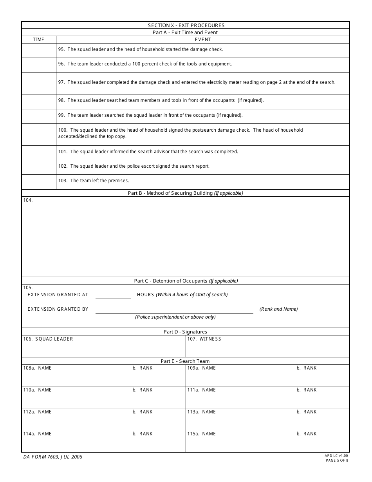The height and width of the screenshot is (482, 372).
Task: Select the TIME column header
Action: coord(39,40)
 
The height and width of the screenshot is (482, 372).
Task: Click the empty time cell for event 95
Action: coord(39,50)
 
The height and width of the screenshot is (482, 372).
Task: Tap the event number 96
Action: coord(61,64)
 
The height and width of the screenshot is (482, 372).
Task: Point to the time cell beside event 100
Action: coord(39,134)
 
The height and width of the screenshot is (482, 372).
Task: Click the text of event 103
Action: coord(99,181)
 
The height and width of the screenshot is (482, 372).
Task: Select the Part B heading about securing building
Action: coord(185,193)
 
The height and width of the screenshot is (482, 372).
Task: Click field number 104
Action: coord(28,200)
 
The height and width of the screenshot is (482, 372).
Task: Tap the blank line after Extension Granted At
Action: coord(113,295)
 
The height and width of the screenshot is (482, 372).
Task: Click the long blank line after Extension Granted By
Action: coord(174,310)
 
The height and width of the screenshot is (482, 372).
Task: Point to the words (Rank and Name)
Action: coord(278,309)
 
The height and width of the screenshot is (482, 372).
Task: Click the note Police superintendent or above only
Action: coord(175,317)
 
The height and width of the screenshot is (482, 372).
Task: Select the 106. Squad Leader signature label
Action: coord(48,339)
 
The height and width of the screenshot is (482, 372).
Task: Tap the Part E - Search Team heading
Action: coord(185,361)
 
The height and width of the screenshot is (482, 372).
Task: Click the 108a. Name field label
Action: coord(38,368)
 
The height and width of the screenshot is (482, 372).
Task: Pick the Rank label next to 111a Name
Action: coord(307,390)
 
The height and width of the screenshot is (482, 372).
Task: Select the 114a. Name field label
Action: coord(38,434)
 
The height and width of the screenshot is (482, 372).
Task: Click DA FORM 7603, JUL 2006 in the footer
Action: coord(52,457)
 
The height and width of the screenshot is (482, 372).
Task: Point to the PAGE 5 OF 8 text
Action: coord(337,460)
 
